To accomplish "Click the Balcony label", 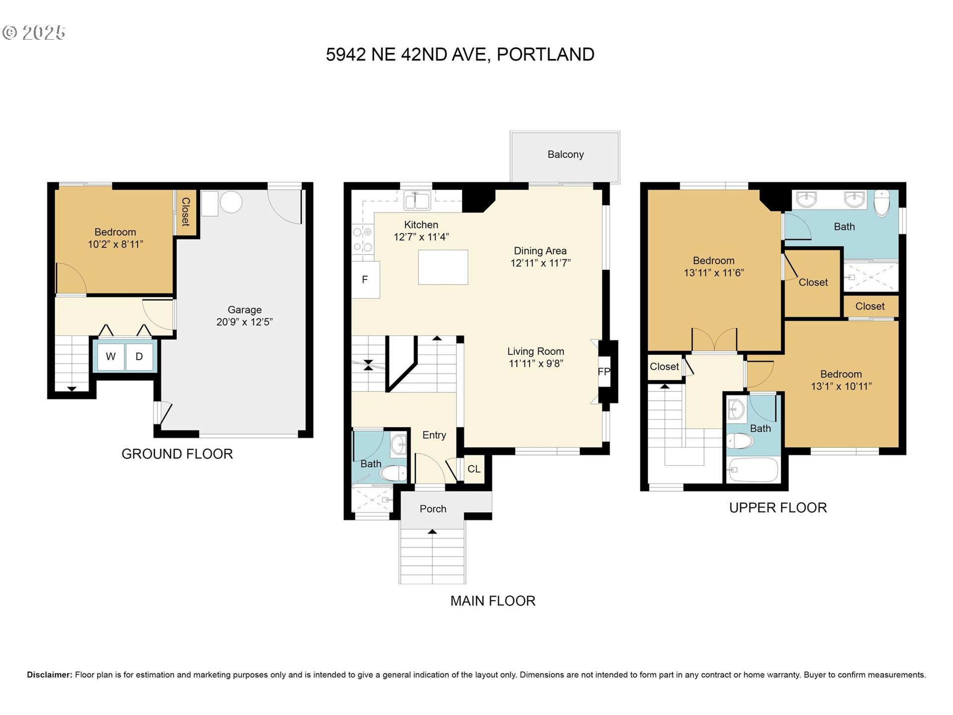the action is click(565, 154).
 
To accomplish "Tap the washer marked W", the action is click(111, 356).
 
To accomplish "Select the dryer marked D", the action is click(139, 356).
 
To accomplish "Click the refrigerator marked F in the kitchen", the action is click(366, 280).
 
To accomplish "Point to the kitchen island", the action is click(443, 267).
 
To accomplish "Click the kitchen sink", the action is click(417, 201).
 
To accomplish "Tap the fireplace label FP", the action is click(604, 371).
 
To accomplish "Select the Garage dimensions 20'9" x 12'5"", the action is click(244, 322).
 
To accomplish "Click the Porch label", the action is click(433, 509).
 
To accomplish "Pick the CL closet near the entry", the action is click(474, 469).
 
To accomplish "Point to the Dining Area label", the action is click(540, 251).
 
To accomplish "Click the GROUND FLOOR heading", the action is click(177, 454).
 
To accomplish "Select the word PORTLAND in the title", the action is click(545, 54).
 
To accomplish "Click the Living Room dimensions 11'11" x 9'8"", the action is click(536, 363).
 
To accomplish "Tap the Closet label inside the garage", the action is click(186, 212).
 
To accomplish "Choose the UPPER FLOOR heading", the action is click(778, 507).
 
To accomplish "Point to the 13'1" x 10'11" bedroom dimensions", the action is click(841, 386).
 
